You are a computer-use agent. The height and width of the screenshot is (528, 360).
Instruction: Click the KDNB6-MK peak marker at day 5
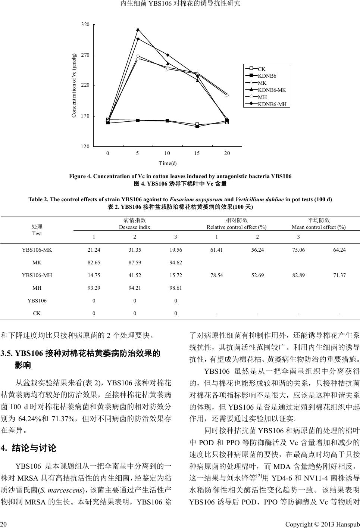pyautogui.click(x=138, y=29)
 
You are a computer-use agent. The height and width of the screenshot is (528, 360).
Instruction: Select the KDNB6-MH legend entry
pyautogui.click(x=272, y=104)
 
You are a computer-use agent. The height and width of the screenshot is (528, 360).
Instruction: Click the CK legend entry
pyautogui.click(x=262, y=69)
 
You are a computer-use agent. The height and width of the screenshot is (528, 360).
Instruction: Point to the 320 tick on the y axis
pyautogui.click(x=85, y=25)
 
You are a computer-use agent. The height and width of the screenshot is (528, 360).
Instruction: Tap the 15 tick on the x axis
pyautogui.click(x=197, y=153)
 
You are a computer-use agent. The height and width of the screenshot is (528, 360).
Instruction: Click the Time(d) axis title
pyautogui.click(x=168, y=163)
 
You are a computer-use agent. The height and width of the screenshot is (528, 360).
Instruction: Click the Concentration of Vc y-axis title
pyautogui.click(x=74, y=85)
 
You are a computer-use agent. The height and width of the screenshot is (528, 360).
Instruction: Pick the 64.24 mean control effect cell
pyautogui.click(x=339, y=250)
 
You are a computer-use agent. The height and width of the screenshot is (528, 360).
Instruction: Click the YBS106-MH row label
pyautogui.click(x=37, y=275)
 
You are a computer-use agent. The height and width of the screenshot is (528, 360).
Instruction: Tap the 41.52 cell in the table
pyautogui.click(x=135, y=275)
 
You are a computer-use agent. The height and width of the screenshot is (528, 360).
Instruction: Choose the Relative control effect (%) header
pyautogui.click(x=237, y=227)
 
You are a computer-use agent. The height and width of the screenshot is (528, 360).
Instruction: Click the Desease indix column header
pyautogui.click(x=135, y=227)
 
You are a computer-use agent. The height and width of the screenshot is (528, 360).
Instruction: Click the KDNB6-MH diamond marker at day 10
pyautogui.click(x=168, y=55)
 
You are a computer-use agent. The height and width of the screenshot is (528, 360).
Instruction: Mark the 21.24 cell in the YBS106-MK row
pyautogui.click(x=94, y=250)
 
